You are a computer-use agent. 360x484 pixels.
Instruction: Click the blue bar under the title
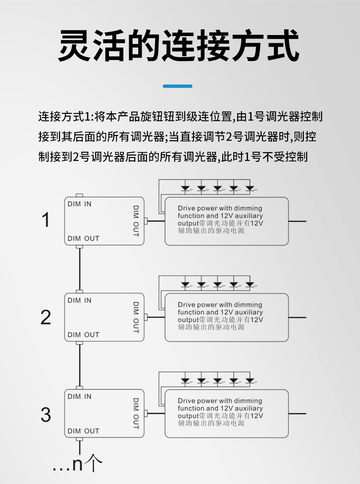(x=178, y=86)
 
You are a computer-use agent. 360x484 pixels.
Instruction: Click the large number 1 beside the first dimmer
(x=46, y=220)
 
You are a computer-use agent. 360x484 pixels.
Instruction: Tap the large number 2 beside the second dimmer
(x=46, y=317)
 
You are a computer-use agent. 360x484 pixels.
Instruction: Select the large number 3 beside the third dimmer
(x=46, y=414)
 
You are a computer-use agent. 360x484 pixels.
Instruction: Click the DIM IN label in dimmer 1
(x=79, y=204)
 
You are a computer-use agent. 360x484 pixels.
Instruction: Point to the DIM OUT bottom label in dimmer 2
(x=84, y=335)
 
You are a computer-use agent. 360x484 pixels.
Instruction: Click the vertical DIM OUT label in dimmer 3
(x=136, y=413)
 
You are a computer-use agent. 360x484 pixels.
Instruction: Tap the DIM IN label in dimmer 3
(x=79, y=396)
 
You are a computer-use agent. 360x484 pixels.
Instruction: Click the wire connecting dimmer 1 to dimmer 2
(x=80, y=269)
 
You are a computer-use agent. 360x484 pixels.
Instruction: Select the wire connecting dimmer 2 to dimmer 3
(x=80, y=365)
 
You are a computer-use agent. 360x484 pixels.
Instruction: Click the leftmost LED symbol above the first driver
(x=185, y=188)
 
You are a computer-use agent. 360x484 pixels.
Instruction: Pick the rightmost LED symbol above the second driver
(x=250, y=284)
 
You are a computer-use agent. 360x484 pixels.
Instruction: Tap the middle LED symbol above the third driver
(x=217, y=381)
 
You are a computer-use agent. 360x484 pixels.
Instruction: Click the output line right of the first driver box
(x=298, y=221)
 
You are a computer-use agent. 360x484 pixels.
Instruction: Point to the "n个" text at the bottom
(x=87, y=463)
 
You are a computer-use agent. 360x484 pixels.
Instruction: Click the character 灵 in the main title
(x=75, y=45)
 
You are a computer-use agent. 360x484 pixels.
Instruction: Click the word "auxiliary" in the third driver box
(x=249, y=408)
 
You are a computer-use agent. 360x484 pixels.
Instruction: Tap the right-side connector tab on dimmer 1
(x=146, y=221)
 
